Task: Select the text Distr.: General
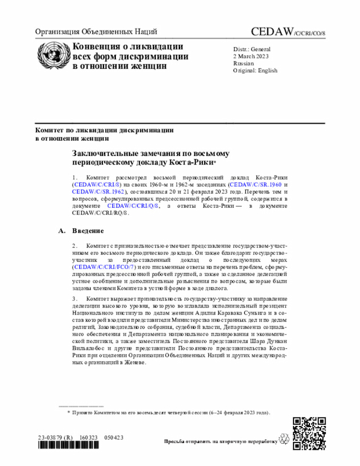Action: (x=252, y=50)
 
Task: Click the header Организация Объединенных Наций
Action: (x=96, y=32)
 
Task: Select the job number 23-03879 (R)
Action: (x=55, y=437)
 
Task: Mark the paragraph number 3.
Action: (x=75, y=298)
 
